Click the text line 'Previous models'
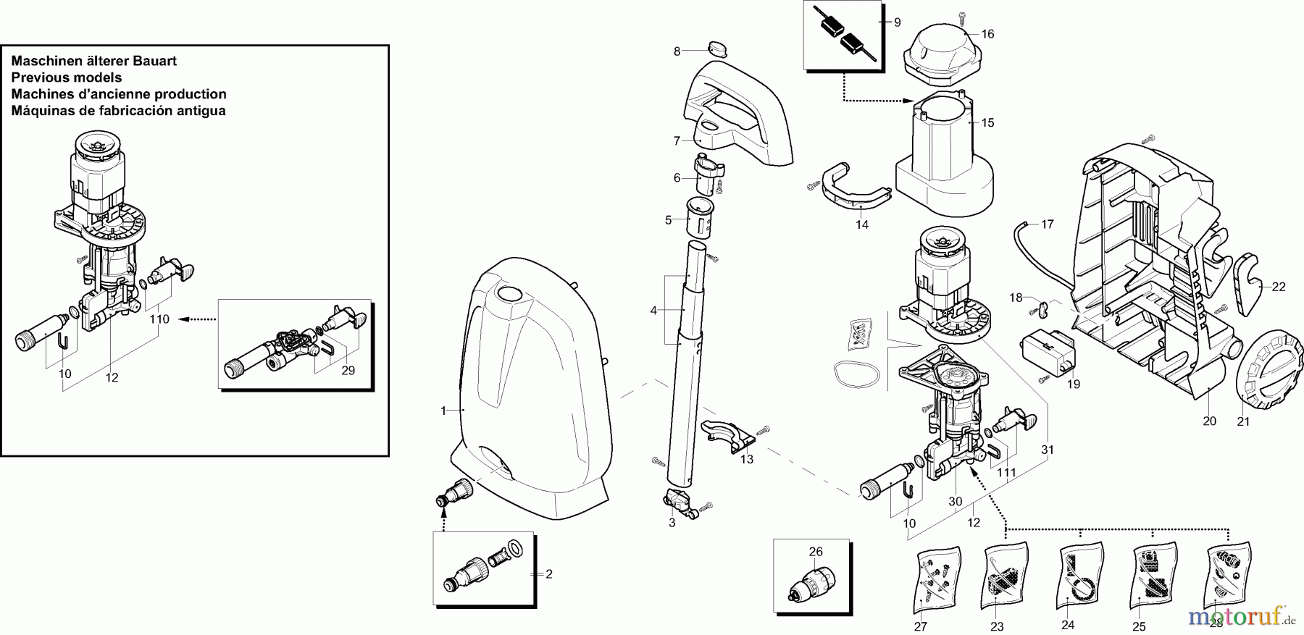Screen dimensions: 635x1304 (x=67, y=77)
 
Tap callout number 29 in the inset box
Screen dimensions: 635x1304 (x=348, y=371)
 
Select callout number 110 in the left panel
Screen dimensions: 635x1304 (x=159, y=319)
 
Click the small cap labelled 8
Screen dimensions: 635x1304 (x=716, y=49)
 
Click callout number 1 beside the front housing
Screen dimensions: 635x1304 (x=444, y=411)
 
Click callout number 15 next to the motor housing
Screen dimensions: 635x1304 (x=987, y=122)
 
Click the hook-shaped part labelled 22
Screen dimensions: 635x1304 (x=1247, y=284)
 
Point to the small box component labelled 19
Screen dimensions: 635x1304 (x=1047, y=351)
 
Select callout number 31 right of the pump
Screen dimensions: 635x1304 (x=1047, y=450)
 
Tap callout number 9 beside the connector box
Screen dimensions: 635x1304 (x=897, y=22)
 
